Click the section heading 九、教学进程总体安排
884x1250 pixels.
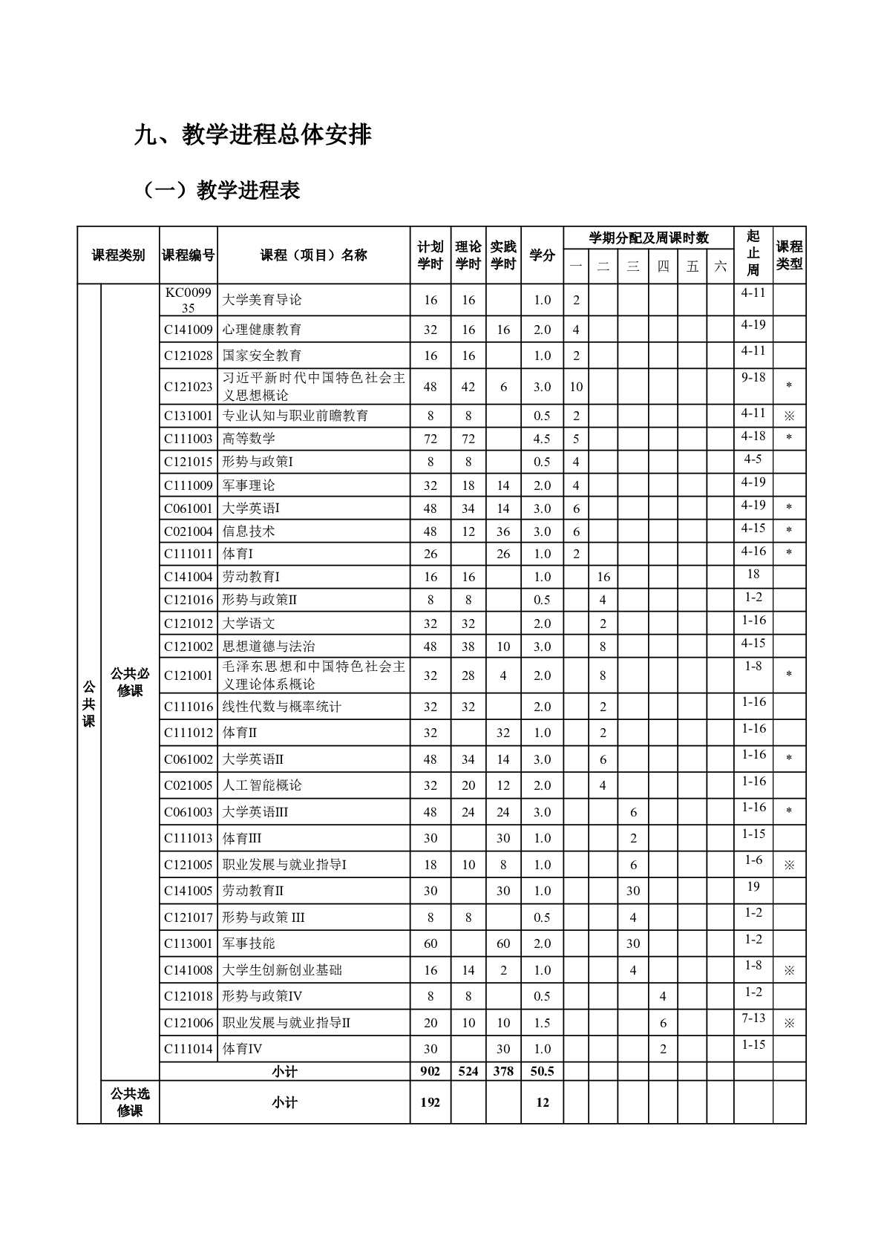pos(252,135)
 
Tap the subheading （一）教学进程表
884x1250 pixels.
pos(220,191)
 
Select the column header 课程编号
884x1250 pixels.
pos(189,255)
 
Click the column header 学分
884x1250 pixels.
pos(542,255)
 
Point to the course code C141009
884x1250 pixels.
pos(189,330)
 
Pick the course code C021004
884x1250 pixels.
pos(189,531)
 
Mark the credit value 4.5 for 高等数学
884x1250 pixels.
pos(542,439)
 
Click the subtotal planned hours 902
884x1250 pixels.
pos(430,1071)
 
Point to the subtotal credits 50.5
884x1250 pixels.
pos(542,1071)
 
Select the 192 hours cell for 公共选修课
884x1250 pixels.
pos(430,1102)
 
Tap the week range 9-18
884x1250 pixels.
pos(753,377)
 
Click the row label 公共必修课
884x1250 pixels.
pos(130,681)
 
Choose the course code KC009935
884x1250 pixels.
pos(189,300)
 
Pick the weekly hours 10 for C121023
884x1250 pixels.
pos(576,387)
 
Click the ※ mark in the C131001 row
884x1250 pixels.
pos(789,416)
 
